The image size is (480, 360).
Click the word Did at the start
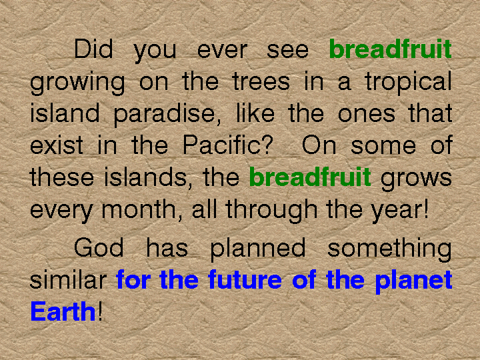coord(94,49)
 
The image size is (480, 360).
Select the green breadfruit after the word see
coord(390,49)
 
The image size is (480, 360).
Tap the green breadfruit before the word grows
coord(310,177)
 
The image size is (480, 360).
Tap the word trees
coord(261,81)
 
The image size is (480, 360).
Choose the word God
coord(99,247)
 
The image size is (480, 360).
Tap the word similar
coord(68,279)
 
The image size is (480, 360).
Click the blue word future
coord(245,279)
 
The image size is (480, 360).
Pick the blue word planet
coord(414,282)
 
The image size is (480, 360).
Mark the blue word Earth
coord(63,311)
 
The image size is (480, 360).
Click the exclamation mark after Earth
coord(100,311)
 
